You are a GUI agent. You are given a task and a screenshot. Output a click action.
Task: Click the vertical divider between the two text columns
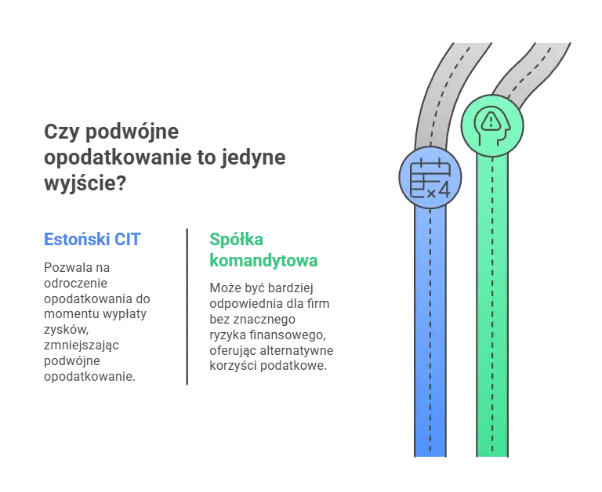click(185, 306)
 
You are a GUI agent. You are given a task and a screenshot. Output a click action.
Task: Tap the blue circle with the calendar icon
click(430, 178)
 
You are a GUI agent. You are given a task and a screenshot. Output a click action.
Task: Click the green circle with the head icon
click(491, 123)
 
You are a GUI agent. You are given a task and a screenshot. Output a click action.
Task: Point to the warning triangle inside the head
click(491, 121)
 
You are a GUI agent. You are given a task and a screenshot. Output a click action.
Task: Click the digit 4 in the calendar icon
click(443, 189)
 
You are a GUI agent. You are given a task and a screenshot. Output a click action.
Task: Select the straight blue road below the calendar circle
click(430, 329)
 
